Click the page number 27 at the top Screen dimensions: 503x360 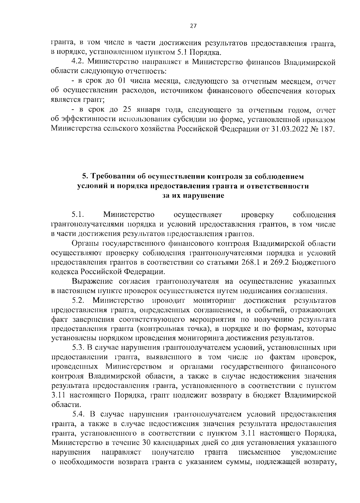click(x=193, y=26)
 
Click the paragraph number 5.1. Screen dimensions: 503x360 click(x=77, y=215)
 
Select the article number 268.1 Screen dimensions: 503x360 click(x=253, y=262)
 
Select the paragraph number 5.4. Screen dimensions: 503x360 click(x=79, y=415)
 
